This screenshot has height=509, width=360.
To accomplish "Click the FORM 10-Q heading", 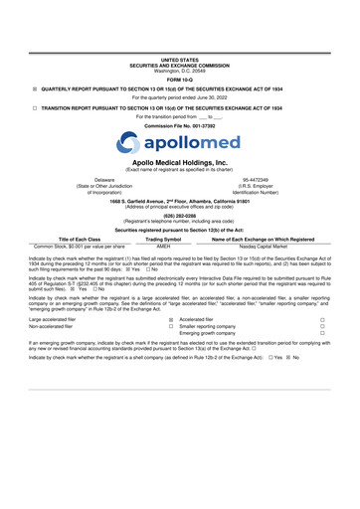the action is click(x=179, y=52).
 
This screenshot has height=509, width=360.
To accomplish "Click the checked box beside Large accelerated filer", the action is click(x=170, y=321).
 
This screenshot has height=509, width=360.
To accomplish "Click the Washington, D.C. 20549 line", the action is click(x=179, y=42).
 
